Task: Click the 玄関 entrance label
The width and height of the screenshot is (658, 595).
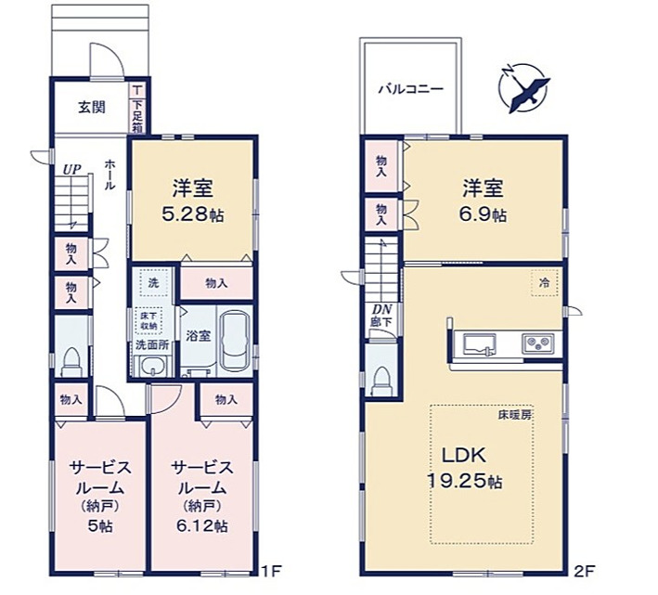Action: coord(91,106)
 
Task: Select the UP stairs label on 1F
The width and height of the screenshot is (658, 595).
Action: coord(71,170)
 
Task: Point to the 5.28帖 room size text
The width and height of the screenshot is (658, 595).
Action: coord(193,213)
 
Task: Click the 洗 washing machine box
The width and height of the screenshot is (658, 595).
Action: coord(148,279)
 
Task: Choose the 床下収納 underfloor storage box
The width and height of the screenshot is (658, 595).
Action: coord(148,320)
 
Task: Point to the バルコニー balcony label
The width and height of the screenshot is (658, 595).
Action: coord(409,90)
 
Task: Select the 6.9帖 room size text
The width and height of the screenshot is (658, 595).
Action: coord(484,214)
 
